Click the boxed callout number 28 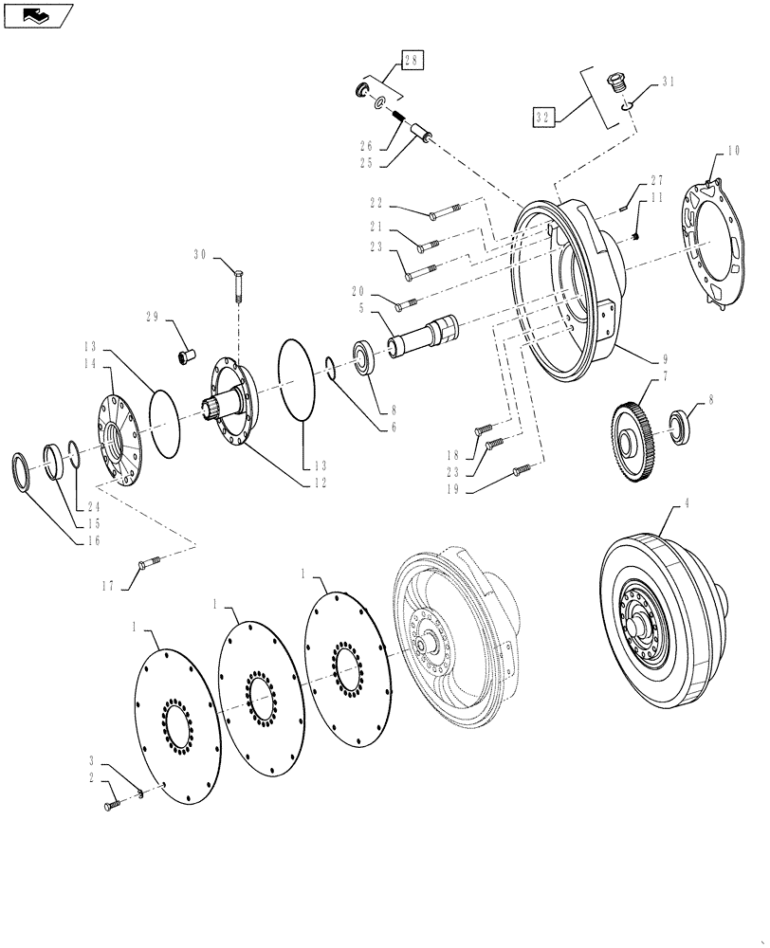coord(412,60)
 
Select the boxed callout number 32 coord(542,117)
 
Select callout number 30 coord(200,254)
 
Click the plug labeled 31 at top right coord(619,85)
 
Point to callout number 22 coord(377,204)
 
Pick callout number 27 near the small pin coord(655,181)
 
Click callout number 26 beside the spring coord(366,147)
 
